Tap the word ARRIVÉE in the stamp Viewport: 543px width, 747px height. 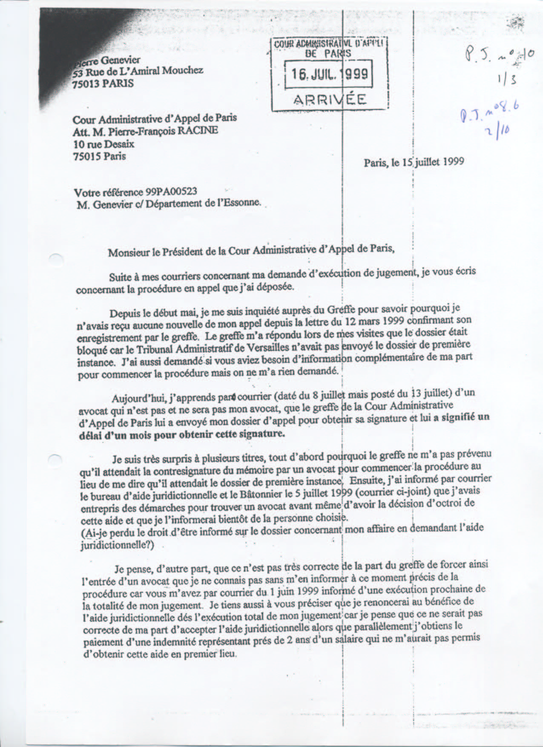pos(330,100)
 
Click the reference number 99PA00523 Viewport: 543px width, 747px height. pos(171,192)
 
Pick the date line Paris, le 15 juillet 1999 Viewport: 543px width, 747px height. pos(414,162)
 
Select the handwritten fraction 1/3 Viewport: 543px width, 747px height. pos(507,80)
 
